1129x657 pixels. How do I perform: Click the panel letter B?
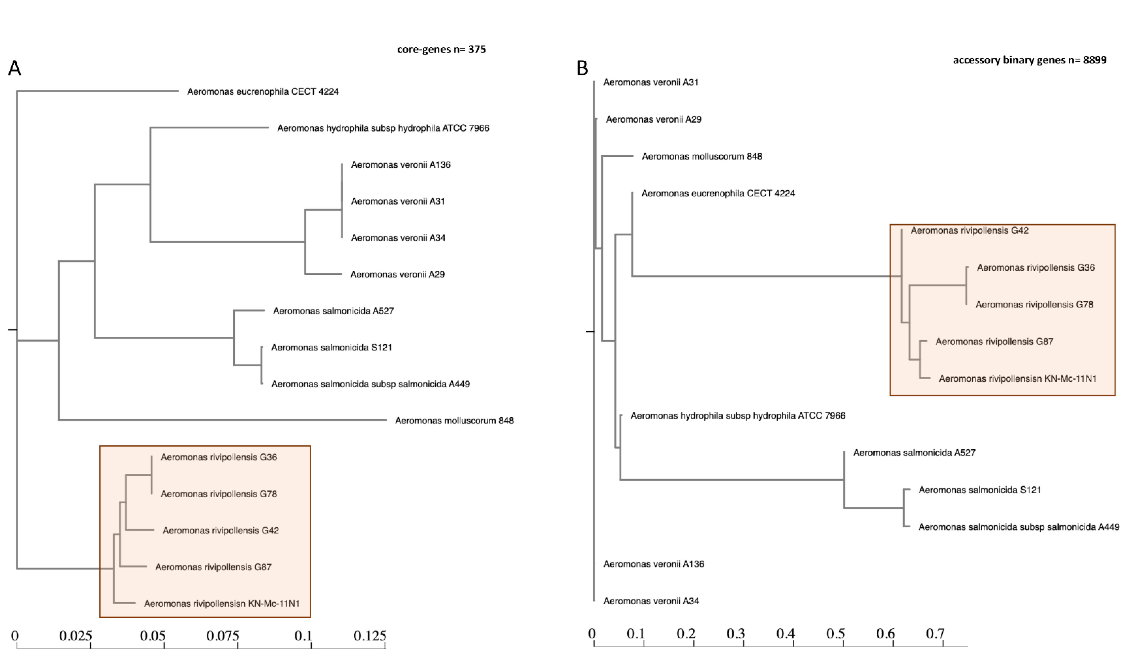pos(582,68)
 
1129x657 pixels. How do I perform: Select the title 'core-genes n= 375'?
pos(441,49)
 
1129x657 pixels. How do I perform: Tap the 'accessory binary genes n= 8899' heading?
pos(1029,60)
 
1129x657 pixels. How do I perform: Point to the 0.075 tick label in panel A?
pos(223,635)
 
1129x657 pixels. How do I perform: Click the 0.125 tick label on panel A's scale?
pos(370,635)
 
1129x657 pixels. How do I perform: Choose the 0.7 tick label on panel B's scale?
pos(935,634)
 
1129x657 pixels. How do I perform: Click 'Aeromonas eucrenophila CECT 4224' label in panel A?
pos(263,91)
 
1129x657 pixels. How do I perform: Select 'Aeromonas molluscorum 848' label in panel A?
pos(454,420)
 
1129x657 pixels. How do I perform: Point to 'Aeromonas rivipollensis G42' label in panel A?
pos(220,531)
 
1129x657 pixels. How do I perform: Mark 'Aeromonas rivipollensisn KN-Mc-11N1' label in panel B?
pos(1017,379)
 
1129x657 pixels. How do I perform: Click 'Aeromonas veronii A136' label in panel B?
pos(654,564)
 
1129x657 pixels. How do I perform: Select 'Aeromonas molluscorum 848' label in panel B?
pos(702,156)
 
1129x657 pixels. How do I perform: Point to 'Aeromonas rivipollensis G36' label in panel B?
pos(1035,268)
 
